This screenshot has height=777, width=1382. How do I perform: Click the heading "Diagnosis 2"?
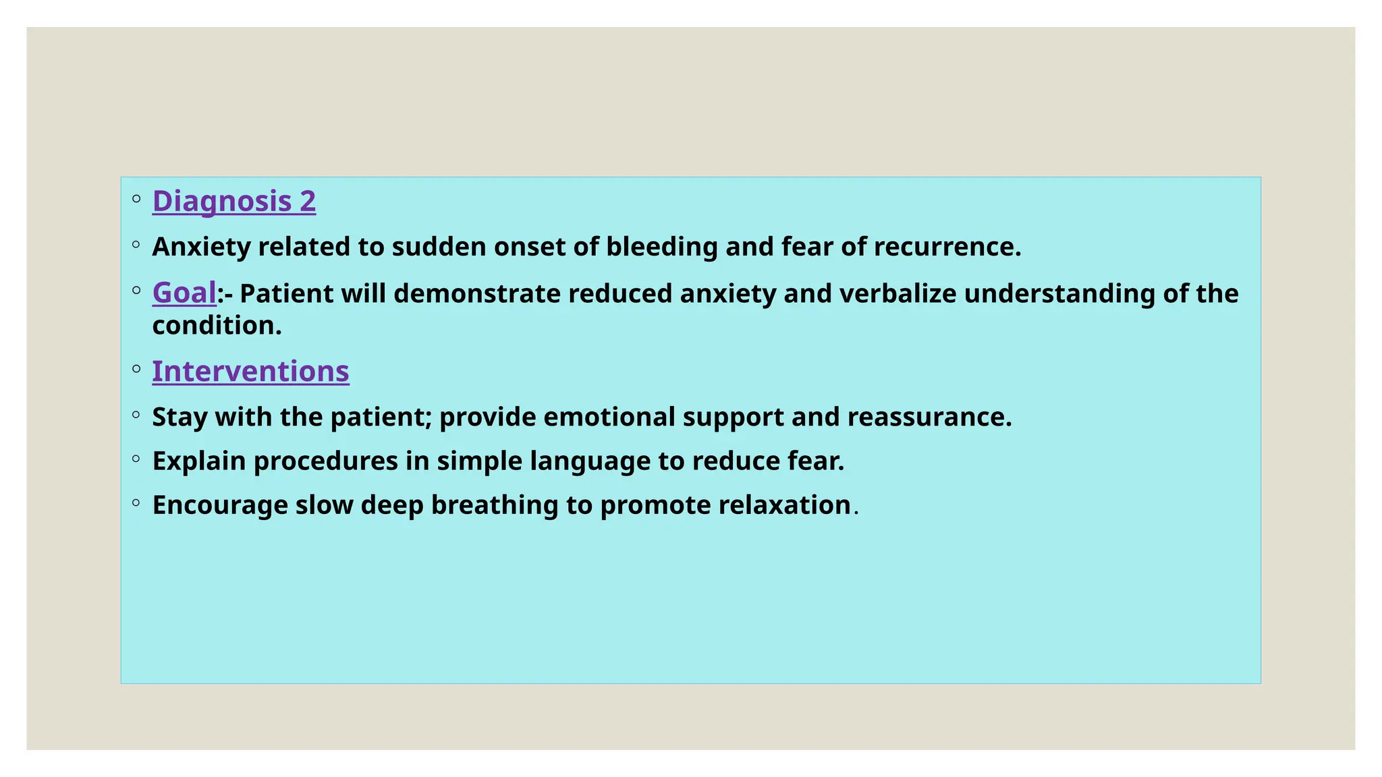pos(234,201)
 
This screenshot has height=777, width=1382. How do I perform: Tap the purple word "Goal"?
pos(184,293)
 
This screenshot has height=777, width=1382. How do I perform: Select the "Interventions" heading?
pos(251,371)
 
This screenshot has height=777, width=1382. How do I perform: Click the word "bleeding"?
pos(662,248)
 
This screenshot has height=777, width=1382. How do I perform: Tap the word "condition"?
pos(213,325)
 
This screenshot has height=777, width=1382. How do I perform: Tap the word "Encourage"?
pos(220,506)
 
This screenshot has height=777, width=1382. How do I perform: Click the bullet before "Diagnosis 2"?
pos(136,198)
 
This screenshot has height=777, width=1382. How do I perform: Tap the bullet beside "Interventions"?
pos(136,368)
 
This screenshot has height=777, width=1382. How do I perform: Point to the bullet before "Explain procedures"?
pos(136,459)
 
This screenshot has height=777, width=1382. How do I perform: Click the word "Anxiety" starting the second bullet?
pos(201,248)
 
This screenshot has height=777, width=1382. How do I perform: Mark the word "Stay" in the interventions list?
pos(180,418)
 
